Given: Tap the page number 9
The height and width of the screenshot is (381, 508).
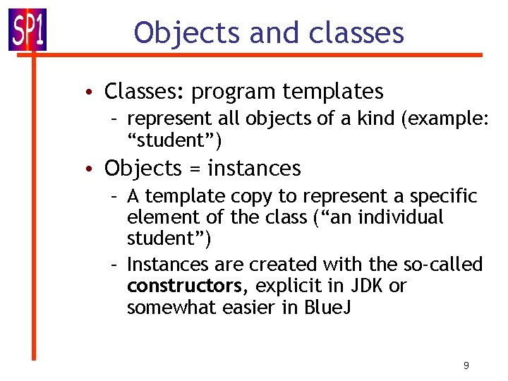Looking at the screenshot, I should click(x=466, y=365).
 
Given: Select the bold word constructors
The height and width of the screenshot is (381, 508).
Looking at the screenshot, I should click(x=184, y=286).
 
